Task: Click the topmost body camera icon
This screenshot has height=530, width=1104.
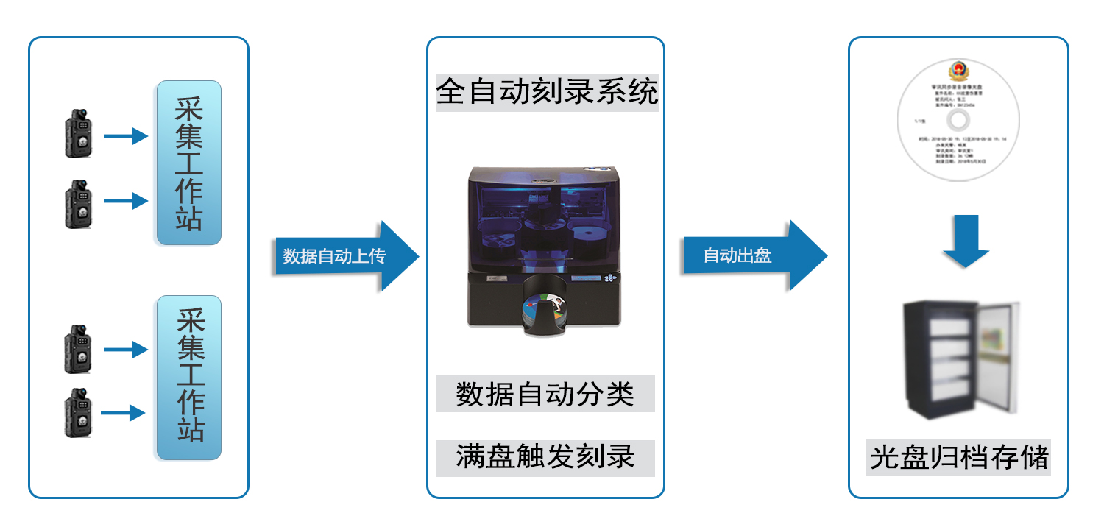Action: click(x=79, y=134)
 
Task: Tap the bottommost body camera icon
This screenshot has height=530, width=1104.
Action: click(x=77, y=413)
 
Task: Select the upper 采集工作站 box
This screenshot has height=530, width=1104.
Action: click(x=188, y=163)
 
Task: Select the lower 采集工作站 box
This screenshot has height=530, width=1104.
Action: click(x=188, y=378)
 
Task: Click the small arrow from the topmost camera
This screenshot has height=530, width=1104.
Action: click(x=125, y=136)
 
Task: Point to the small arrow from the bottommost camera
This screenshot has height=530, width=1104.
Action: click(x=123, y=413)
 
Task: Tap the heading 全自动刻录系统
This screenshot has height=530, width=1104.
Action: click(x=545, y=93)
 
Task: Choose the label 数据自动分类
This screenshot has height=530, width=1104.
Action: click(x=545, y=394)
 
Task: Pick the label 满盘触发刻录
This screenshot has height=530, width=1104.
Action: click(x=545, y=457)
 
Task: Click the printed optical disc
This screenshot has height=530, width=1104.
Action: click(x=957, y=121)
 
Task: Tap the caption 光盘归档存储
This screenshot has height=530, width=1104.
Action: click(x=959, y=457)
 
